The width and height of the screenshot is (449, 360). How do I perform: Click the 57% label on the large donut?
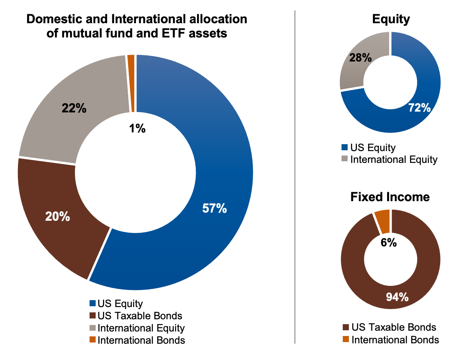point(215,209)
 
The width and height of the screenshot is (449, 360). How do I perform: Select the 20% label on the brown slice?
point(57,217)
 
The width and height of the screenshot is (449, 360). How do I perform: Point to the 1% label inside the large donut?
point(138,129)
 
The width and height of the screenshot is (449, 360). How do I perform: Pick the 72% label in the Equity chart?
point(419,108)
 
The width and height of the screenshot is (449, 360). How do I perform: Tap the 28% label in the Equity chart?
point(360,57)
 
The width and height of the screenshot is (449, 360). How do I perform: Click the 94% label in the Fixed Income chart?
point(397,297)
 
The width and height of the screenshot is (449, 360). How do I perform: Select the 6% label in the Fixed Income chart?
point(389,243)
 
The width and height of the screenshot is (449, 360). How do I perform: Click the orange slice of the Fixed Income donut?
point(383,220)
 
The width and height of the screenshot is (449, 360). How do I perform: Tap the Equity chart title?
point(391,19)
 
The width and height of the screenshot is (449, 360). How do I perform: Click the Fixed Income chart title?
point(390,197)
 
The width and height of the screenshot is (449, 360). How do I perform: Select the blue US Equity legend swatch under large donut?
point(93,303)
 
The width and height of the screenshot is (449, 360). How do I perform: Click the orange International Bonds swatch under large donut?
point(93,340)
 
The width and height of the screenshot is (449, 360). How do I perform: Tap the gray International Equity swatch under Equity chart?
point(345,159)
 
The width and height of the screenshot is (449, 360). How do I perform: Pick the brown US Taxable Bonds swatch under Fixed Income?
point(346,327)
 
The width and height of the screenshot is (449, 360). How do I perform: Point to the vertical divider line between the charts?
point(294,179)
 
